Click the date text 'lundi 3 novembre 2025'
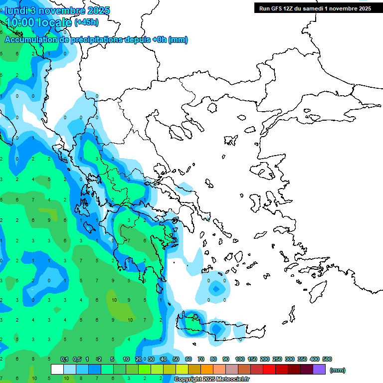click(57, 10)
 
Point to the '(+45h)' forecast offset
click(86, 22)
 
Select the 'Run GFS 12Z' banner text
click(277, 8)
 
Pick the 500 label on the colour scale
click(327, 359)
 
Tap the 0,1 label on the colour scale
click(64, 359)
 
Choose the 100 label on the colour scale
click(239, 359)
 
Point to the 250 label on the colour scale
click(277, 359)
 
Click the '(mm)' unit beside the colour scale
click(338, 370)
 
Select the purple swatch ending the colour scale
click(319, 370)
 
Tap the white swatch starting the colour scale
click(57, 370)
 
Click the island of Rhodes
click(317, 291)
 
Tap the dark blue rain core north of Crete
click(215, 288)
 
